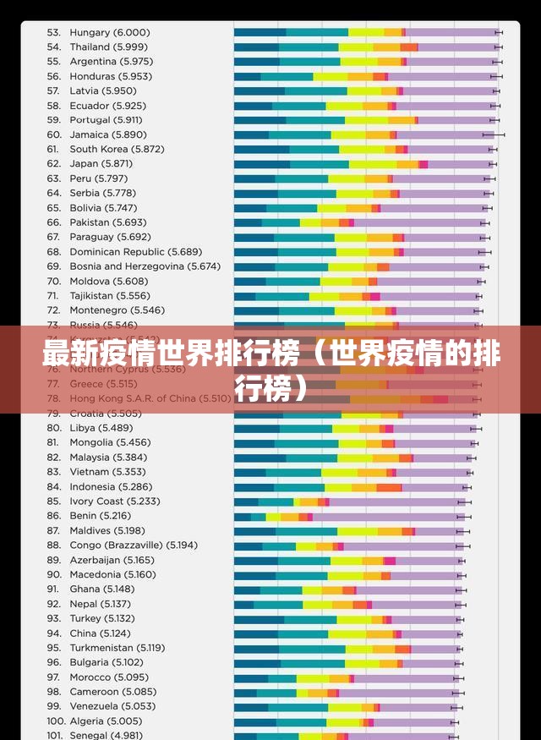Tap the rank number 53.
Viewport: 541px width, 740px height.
pos(53,32)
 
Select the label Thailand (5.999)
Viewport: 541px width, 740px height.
pos(107,47)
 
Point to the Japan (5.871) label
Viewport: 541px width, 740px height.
pos(101,163)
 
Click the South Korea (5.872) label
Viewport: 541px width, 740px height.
pos(117,149)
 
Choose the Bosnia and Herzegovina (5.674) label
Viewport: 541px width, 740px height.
pos(145,266)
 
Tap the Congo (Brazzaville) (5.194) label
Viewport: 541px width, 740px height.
pos(133,545)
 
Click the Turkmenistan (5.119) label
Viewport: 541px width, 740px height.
pos(117,648)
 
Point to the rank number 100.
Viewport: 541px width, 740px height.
pos(56,721)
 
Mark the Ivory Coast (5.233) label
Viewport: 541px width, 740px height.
pos(114,502)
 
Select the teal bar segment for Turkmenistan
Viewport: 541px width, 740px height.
pos(312,649)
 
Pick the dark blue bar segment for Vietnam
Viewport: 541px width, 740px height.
pos(249,472)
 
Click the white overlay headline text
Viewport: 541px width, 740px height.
pos(270,369)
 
